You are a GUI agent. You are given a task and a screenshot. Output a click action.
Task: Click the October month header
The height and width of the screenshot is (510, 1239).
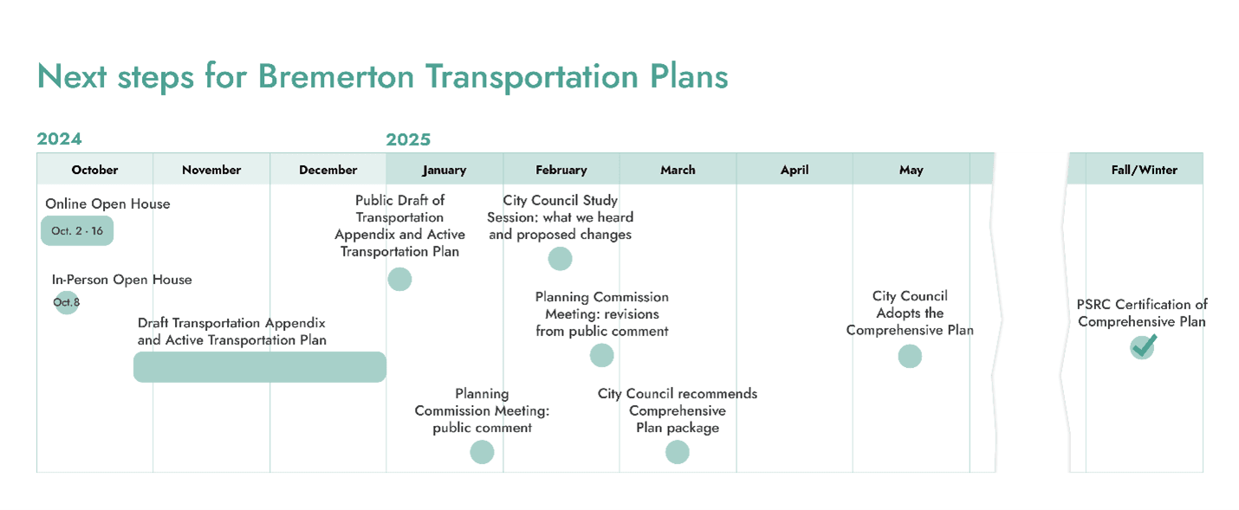pos(94,170)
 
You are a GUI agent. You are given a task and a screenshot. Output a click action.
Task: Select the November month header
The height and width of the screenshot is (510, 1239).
pos(211,170)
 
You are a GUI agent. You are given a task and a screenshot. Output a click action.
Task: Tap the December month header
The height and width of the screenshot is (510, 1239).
pos(328,170)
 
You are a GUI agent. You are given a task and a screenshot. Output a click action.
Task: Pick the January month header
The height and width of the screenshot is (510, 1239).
pos(444,170)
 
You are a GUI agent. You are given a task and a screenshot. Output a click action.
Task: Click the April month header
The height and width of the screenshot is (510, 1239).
pos(795,170)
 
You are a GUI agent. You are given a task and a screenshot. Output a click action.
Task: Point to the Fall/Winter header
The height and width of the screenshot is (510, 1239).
pos(1144,170)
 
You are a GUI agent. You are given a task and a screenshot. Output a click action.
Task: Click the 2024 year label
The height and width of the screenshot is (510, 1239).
pos(59,139)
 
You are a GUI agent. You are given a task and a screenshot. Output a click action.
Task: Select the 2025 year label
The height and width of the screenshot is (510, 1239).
pos(408,139)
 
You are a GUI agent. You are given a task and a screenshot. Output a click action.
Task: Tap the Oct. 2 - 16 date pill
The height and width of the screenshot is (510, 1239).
pos(77,231)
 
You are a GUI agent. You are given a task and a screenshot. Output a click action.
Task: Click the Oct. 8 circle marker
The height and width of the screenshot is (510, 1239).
pos(66,302)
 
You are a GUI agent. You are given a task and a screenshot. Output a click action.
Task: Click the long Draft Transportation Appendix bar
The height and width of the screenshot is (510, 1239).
pos(260,367)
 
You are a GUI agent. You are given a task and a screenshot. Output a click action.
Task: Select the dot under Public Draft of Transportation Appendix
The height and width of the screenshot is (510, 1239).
pos(399,279)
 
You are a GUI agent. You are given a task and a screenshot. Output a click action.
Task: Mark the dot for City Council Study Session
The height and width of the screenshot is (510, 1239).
pos(560,258)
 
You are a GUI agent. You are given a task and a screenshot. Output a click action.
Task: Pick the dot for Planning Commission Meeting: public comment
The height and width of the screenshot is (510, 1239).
pos(482,452)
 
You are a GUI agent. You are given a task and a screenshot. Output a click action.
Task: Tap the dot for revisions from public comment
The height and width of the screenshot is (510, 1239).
pos(601,355)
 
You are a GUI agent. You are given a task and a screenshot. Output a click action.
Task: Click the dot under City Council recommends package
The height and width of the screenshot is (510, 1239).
pos(677,452)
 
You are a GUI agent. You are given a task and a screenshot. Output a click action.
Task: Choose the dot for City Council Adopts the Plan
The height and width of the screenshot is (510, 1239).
pos(910,356)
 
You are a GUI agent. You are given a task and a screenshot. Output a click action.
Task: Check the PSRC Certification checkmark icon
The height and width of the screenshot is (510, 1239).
pos(1143,346)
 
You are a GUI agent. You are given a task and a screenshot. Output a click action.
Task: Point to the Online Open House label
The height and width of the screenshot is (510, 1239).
pos(107,204)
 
